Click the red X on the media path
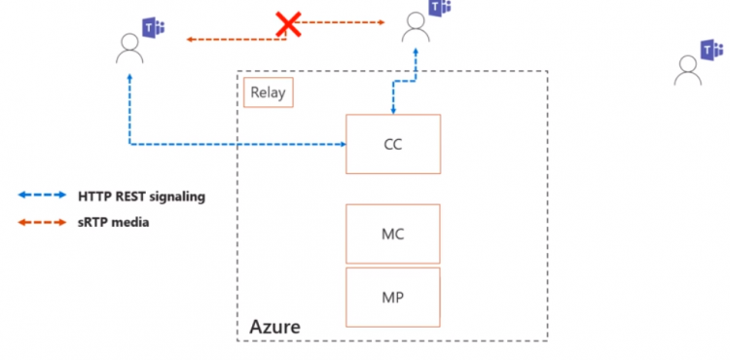pyautogui.click(x=288, y=24)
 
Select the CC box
pyautogui.click(x=392, y=144)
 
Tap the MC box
pyautogui.click(x=392, y=234)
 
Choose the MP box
pyautogui.click(x=392, y=297)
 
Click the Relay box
pyautogui.click(x=268, y=93)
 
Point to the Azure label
pyautogui.click(x=275, y=326)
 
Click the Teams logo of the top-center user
pyautogui.click(x=440, y=8)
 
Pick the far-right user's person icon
pyautogui.click(x=688, y=68)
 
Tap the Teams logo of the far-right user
pyautogui.click(x=712, y=49)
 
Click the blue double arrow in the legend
pyautogui.click(x=42, y=196)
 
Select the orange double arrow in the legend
pyautogui.click(x=42, y=222)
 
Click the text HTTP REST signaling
pyautogui.click(x=142, y=196)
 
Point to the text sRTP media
pyautogui.click(x=114, y=222)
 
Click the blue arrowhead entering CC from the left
pyautogui.click(x=342, y=145)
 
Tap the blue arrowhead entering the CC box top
pyautogui.click(x=393, y=110)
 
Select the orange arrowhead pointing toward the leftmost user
pyautogui.click(x=191, y=39)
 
